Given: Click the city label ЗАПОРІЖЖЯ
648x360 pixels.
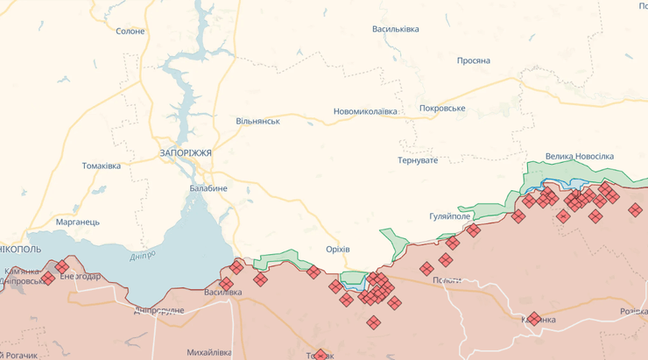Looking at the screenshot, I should coord(186,152).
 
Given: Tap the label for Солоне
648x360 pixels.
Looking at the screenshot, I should coord(130,31).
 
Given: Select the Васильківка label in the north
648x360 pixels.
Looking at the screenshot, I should coord(396,29).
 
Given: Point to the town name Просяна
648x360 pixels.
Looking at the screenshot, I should coord(473,60).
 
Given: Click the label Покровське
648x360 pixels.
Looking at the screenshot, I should coord(442,108).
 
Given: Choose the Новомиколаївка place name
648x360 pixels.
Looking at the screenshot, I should coord(365,111).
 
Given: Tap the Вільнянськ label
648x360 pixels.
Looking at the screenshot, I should coord(257,120).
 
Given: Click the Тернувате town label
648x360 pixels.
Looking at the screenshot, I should coord(417,160).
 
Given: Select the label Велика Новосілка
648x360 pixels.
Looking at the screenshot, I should coord(580,156).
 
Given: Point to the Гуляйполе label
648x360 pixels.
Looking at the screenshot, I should coord(450,215).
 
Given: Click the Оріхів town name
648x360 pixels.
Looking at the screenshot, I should coord(337,249).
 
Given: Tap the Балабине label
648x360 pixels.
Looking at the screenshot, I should coord(208,188).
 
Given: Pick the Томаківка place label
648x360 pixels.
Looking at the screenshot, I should coord(101,166).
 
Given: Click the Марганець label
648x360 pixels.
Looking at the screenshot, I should coord(78,222).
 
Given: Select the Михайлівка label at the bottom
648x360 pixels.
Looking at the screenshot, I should coord(209,352).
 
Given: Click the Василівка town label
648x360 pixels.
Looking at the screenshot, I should coord(222,292).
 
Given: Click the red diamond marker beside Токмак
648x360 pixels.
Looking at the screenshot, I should coord(320,355).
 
